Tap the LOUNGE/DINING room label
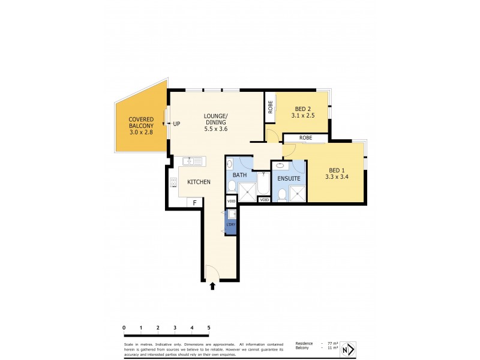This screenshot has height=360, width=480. tap(215, 122)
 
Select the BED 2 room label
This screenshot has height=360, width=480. tap(302, 112)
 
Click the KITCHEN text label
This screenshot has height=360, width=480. tap(199, 182)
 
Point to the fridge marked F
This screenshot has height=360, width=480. tap(194, 203)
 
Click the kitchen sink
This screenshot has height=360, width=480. tap(193, 161)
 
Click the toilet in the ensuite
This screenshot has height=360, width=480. tap(281, 193)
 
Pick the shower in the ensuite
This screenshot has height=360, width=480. tap(296, 193)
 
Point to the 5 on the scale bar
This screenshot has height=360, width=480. tap(209, 328)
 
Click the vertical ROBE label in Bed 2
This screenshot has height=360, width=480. tap(271, 107)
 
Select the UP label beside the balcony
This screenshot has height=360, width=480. tap(177, 124)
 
